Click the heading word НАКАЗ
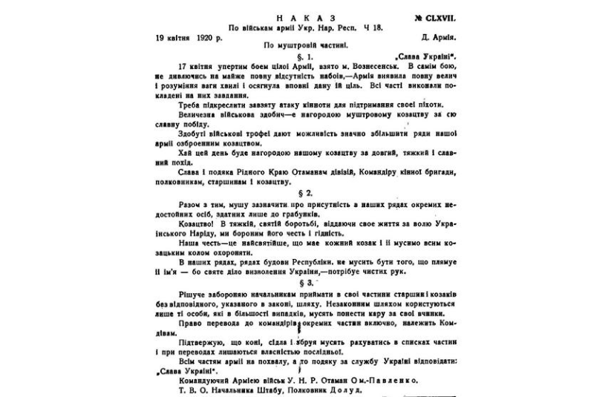pyautogui.click(x=305, y=15)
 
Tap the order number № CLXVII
pyautogui.click(x=426, y=15)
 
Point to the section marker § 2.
pyautogui.click(x=306, y=191)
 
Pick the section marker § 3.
pyautogui.click(x=306, y=283)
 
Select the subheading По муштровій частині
pyautogui.click(x=305, y=46)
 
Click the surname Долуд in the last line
pyautogui.click(x=347, y=388)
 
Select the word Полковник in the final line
pyautogui.click(x=304, y=388)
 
